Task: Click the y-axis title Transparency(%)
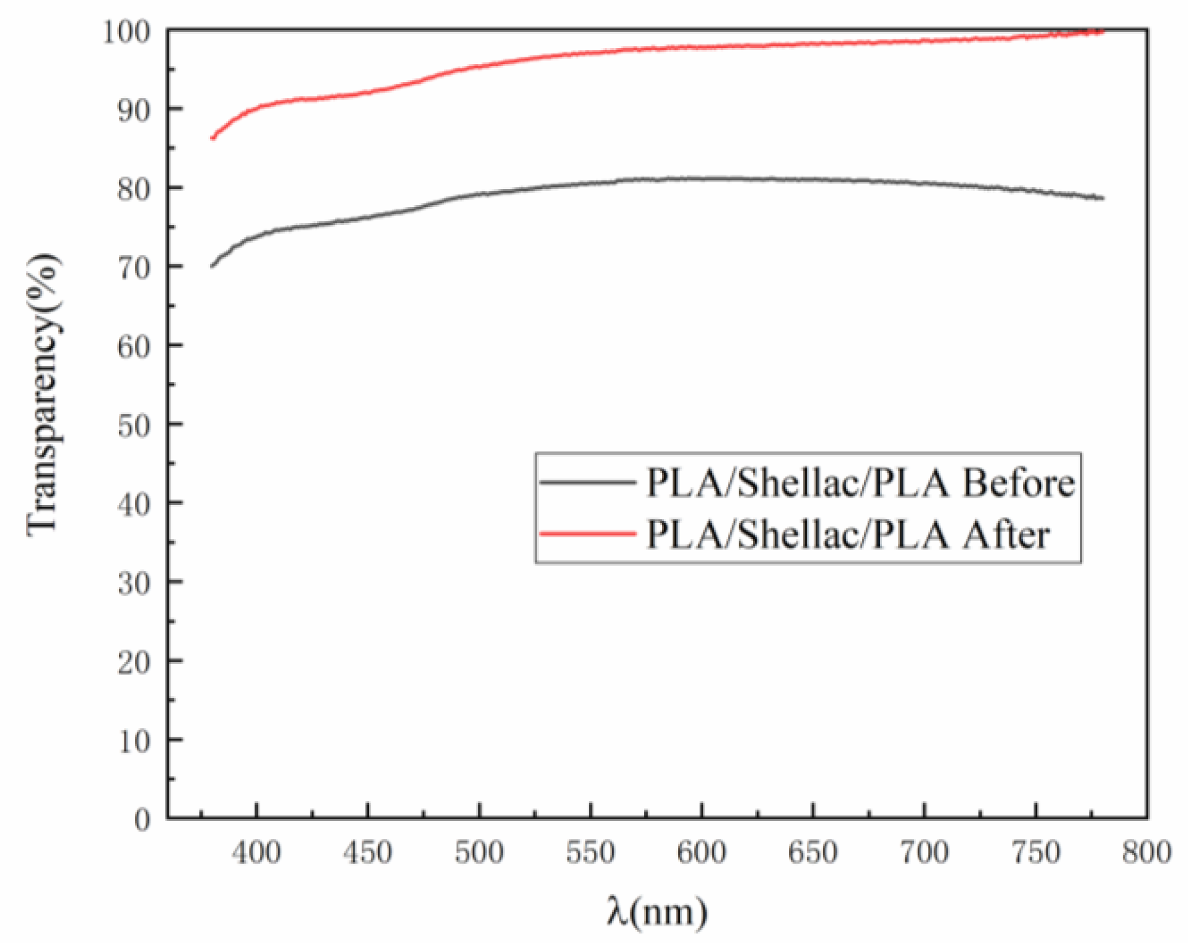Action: click(x=44, y=394)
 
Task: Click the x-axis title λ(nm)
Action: click(x=657, y=912)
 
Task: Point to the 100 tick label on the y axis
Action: click(x=126, y=31)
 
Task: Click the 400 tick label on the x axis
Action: click(x=256, y=853)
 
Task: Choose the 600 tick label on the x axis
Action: click(x=701, y=853)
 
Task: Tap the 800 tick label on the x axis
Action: click(x=1146, y=853)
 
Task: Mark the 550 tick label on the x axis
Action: click(x=590, y=853)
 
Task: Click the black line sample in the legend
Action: click(x=587, y=482)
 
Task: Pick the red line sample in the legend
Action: click(x=587, y=533)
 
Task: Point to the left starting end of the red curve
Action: click(x=212, y=138)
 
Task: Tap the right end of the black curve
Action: click(x=1102, y=198)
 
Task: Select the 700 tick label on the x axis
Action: click(x=924, y=853)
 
